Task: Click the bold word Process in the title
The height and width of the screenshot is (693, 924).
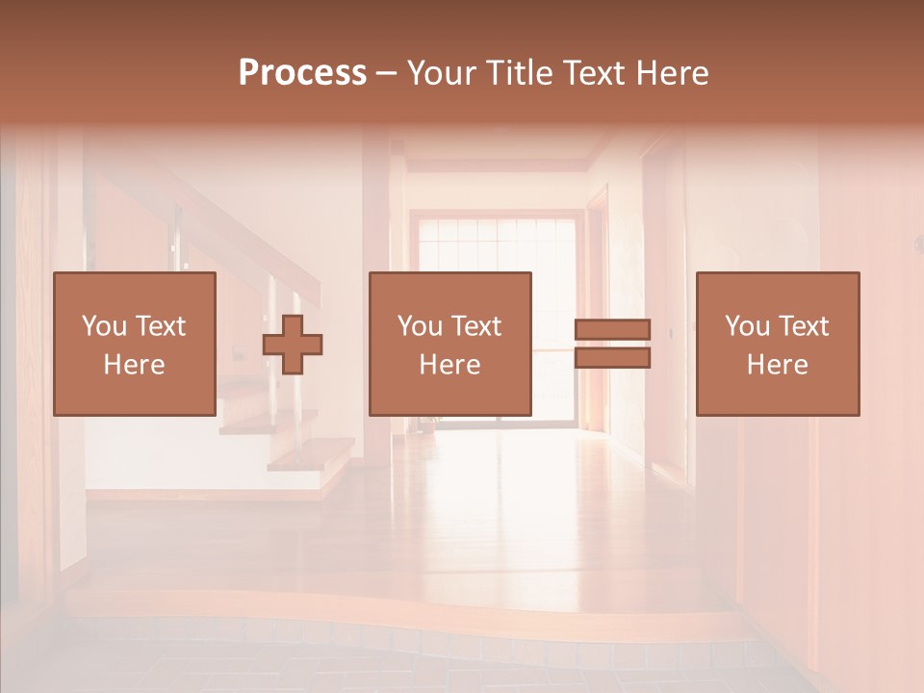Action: (302, 72)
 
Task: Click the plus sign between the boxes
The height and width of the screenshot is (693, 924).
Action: (293, 344)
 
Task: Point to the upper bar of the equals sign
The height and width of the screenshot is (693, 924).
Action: (612, 330)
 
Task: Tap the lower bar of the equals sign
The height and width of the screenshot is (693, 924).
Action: (612, 357)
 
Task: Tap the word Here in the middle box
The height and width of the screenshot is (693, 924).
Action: (449, 365)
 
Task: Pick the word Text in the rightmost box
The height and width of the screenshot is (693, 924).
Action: (806, 326)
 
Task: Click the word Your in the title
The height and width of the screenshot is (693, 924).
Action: (442, 72)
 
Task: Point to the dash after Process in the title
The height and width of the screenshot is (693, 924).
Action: (386, 72)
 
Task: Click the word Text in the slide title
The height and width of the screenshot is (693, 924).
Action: (593, 72)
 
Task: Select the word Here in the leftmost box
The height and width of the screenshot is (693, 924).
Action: (134, 365)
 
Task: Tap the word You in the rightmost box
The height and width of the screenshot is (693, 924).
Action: (748, 326)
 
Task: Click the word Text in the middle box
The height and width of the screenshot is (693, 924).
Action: (478, 326)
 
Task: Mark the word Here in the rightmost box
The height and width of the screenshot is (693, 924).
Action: (777, 365)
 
